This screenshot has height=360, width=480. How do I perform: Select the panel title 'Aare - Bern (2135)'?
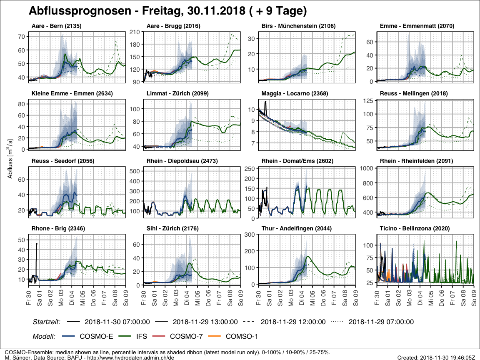pyautogui.click(x=56, y=26)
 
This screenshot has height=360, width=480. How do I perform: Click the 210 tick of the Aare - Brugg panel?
pyautogui.click(x=135, y=32)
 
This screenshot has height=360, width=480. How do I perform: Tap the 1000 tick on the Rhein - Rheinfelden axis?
pyautogui.click(x=366, y=168)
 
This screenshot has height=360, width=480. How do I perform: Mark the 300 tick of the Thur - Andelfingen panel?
pyautogui.click(x=250, y=235)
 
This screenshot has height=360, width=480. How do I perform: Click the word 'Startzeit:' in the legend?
pyautogui.click(x=47, y=322)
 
